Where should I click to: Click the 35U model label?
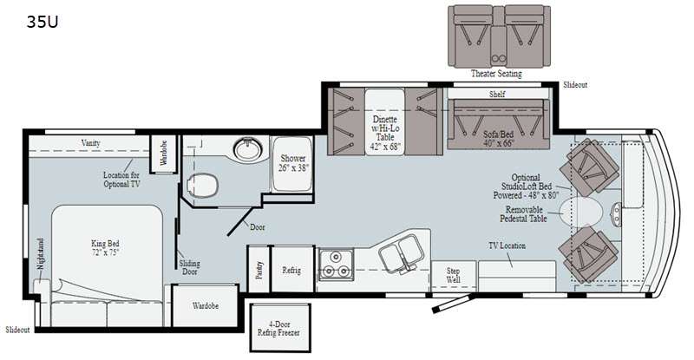pos(43,22)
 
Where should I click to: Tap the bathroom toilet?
pos(203,185)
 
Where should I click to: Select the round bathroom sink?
pos(248,148)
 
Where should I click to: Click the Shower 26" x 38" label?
pos(293,163)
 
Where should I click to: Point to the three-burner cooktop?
pos(337,265)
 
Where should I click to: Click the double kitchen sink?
pos(401,253)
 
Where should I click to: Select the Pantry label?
pos(259,270)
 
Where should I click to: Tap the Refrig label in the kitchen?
pos(291,270)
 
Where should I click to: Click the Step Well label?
pos(453,275)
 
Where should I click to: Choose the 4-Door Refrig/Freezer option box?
pos(279,328)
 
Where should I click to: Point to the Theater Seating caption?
pos(496,74)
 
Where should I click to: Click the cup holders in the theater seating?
pos(499,57)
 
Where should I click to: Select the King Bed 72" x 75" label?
pos(105,247)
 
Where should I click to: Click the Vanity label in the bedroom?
pos(91,142)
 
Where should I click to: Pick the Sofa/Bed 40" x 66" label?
pos(498,138)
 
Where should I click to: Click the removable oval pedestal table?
pos(580,213)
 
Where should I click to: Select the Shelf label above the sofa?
pos(497,94)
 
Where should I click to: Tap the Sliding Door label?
pos(189,267)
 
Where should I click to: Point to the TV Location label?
pos(507,245)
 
